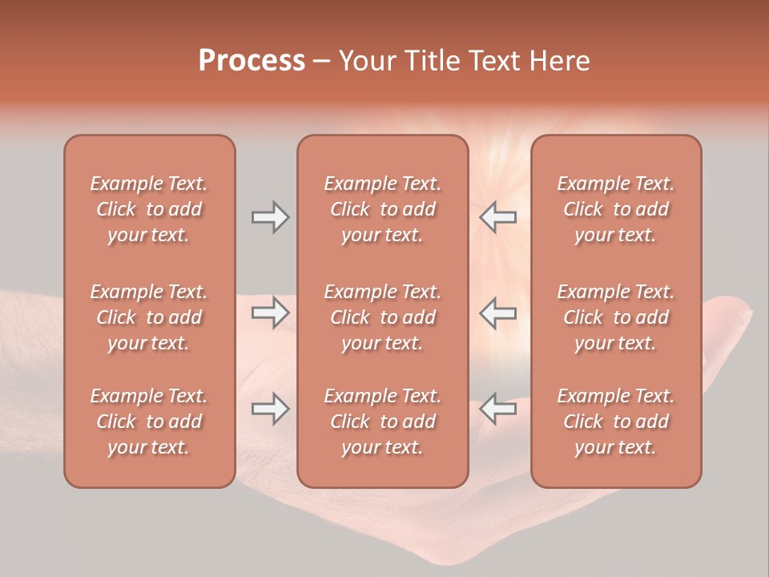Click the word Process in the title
click(x=252, y=61)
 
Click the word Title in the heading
click(x=433, y=61)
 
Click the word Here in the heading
click(x=560, y=61)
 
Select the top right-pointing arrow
click(x=270, y=217)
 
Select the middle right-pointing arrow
click(x=270, y=313)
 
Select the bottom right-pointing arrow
click(x=270, y=409)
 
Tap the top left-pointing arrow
click(x=497, y=217)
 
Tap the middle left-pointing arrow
click(x=497, y=313)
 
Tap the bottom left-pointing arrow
click(x=497, y=409)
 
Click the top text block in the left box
click(x=149, y=209)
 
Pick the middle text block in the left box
click(x=149, y=317)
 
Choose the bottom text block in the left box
click(x=149, y=422)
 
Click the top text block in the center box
click(x=382, y=209)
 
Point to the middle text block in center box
click(x=382, y=317)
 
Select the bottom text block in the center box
click(x=382, y=422)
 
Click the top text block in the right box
click(x=615, y=209)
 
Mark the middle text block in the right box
click(x=615, y=317)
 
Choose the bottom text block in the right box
click(x=615, y=422)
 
